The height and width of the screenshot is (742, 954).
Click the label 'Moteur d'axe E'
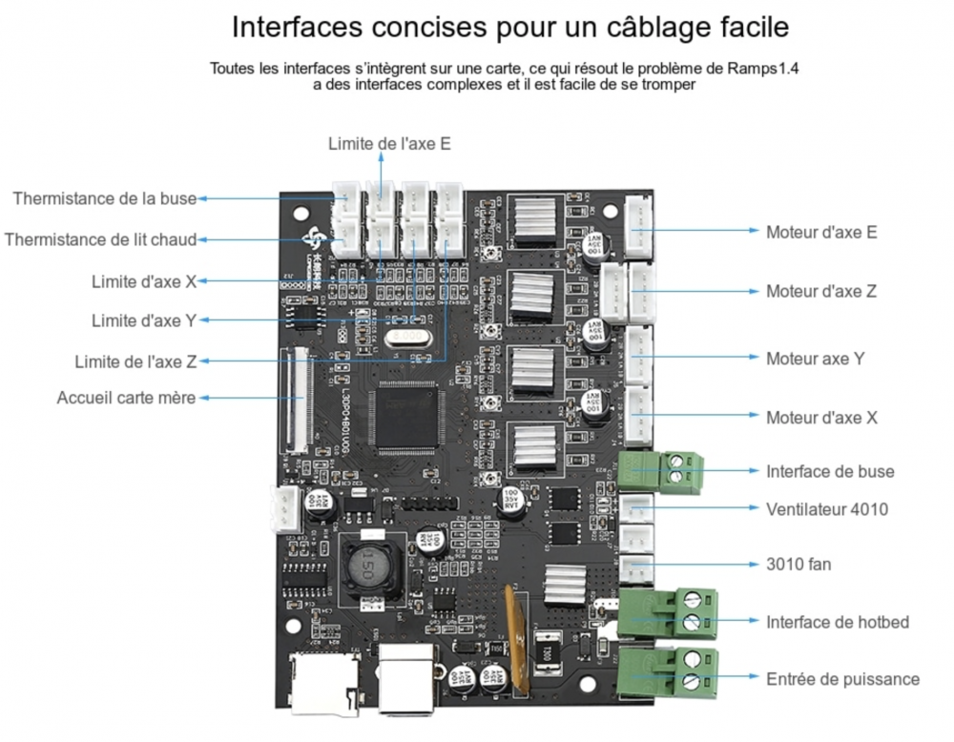[x=821, y=232]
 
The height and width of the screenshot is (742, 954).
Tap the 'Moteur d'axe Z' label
[x=821, y=292]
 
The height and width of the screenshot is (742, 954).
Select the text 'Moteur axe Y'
[x=816, y=359]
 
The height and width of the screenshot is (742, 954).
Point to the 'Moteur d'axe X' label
[x=821, y=418]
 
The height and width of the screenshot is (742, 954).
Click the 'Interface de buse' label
[x=830, y=471]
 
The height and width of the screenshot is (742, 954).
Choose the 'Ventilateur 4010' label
[x=826, y=509]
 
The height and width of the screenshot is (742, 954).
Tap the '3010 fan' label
[x=798, y=565]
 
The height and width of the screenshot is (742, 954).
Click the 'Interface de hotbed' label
[x=837, y=622]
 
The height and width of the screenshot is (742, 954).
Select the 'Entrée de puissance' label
[x=842, y=679]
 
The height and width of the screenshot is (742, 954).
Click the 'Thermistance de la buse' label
[x=104, y=198]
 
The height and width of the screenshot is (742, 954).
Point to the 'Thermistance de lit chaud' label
[x=100, y=239]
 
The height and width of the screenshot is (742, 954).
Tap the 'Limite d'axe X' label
[x=144, y=281]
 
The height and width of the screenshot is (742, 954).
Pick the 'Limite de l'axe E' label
[x=389, y=144]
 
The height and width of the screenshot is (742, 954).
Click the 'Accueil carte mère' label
[x=126, y=398]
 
